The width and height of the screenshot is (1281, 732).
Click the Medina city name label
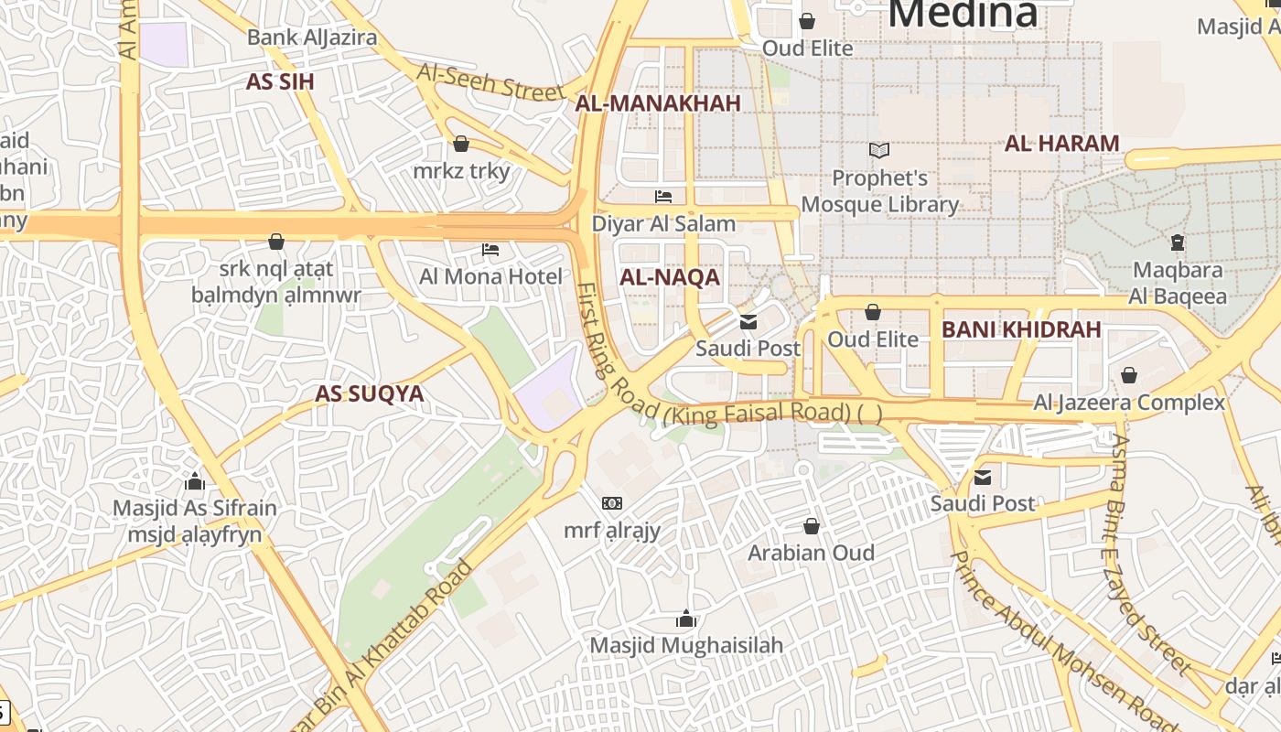(x=963, y=13)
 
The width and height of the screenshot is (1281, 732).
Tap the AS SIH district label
(x=280, y=81)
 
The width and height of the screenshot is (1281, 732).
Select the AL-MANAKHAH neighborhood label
(x=658, y=103)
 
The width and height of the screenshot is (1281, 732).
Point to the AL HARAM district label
(x=1061, y=143)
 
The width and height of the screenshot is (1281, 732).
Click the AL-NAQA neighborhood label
(x=670, y=277)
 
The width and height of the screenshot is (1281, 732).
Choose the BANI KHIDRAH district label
(x=1021, y=329)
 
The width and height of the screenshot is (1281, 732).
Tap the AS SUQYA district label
(x=370, y=393)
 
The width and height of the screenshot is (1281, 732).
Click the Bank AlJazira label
(x=312, y=38)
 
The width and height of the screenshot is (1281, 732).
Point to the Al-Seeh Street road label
(x=490, y=82)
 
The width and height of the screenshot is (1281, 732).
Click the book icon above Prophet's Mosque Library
(x=879, y=150)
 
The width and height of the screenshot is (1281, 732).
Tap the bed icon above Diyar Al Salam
(x=663, y=197)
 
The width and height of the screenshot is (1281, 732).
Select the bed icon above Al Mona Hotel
(x=490, y=250)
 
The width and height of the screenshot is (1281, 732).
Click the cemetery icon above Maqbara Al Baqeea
(x=1178, y=242)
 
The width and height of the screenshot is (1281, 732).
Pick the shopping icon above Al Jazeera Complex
(x=1129, y=375)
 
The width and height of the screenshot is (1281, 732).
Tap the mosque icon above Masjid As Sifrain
(x=194, y=481)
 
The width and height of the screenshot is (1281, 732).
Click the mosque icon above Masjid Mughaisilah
(x=686, y=619)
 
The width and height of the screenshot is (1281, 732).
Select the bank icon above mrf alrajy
(x=612, y=503)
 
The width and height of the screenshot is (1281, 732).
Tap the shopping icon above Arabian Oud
(x=811, y=526)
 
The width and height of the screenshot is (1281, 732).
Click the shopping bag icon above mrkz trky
(x=461, y=145)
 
